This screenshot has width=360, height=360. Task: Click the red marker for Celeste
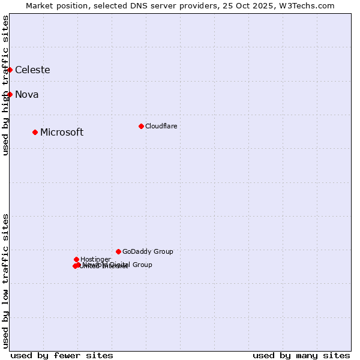click(x=10, y=70)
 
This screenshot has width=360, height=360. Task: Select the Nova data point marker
click(x=10, y=94)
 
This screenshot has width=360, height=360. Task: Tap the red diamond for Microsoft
click(x=35, y=132)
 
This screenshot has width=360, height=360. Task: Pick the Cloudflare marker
click(x=141, y=126)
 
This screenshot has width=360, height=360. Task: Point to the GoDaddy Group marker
click(x=118, y=251)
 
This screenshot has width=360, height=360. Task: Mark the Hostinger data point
click(x=76, y=259)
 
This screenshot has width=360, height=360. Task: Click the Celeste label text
click(x=32, y=70)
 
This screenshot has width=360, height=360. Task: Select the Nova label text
click(x=26, y=94)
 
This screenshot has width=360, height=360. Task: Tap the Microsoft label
click(x=62, y=132)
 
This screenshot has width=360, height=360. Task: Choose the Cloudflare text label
click(x=161, y=126)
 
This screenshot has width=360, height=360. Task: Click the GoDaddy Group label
click(x=148, y=251)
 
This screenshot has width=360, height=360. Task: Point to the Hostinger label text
click(x=95, y=259)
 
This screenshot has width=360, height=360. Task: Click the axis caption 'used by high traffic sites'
click(x=5, y=85)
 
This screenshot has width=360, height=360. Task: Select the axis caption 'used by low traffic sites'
click(x=5, y=281)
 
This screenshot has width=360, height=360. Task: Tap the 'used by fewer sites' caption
click(x=62, y=355)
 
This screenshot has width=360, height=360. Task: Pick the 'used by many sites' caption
click(x=301, y=355)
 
